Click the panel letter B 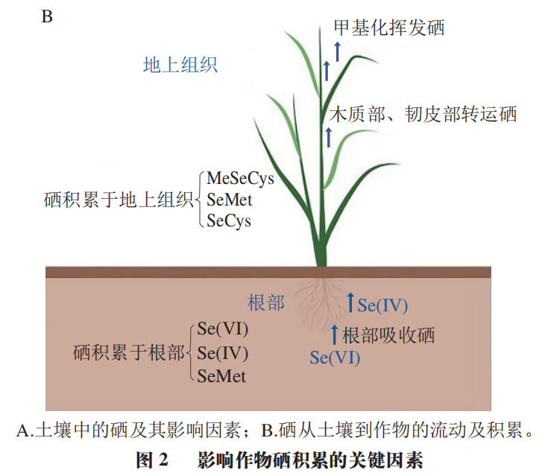(46, 16)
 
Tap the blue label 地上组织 (180, 65)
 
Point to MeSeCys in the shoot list (240, 179)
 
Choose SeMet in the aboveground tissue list (230, 200)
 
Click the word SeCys (229, 220)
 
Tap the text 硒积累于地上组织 (119, 200)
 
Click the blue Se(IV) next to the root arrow (382, 305)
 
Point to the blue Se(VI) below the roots (335, 358)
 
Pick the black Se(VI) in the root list (223, 329)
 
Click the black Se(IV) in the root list (223, 352)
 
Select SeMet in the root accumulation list (221, 375)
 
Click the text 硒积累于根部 (129, 352)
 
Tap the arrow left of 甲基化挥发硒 (337, 51)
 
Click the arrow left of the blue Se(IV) (350, 302)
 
